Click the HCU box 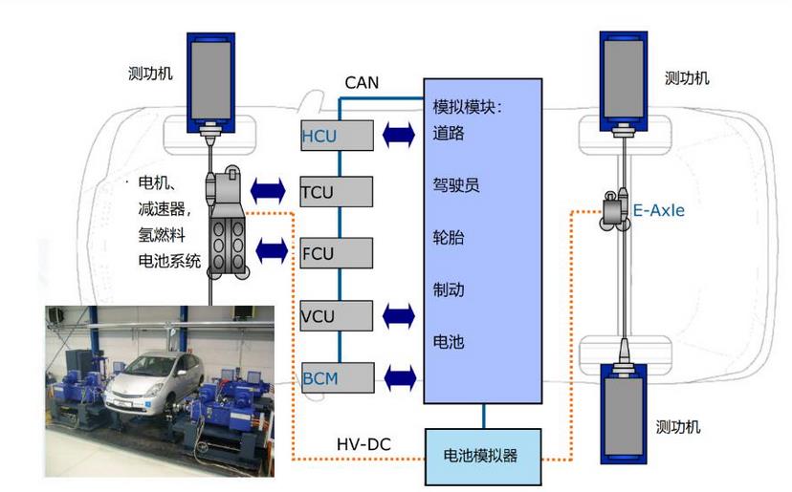click(334, 136)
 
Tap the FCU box click(334, 254)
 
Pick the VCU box click(334, 316)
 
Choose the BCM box click(334, 378)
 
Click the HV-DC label click(363, 444)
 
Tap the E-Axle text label click(659, 210)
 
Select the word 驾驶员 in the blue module click(456, 184)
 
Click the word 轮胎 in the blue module click(449, 237)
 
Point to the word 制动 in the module click(449, 289)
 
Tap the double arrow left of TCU click(270, 189)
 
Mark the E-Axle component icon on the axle click(615, 210)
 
